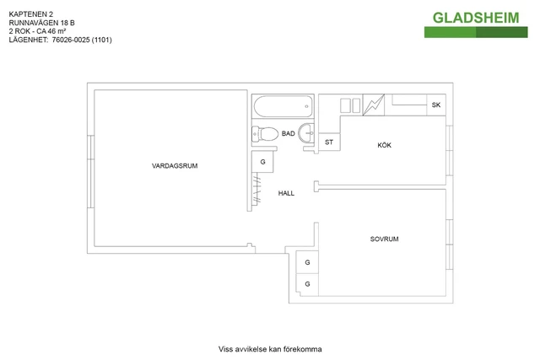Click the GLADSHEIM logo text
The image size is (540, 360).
pos(478,17)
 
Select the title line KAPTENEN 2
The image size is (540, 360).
pos(31,15)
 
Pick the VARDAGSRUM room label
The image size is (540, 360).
pos(175,166)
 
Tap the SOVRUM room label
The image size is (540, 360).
pos(384,239)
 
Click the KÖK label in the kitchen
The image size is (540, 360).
pos(385,146)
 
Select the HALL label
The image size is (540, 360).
pos(286,193)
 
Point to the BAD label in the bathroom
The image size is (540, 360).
pos(288,134)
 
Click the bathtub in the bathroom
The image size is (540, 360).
pos(283,108)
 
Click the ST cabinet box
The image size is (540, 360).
pos(329,142)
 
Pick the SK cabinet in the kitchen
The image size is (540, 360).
pos(435,105)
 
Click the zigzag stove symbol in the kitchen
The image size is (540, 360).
pos(372,105)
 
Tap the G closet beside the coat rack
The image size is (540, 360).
pos(263,161)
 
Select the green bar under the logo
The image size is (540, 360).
pos(478,32)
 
